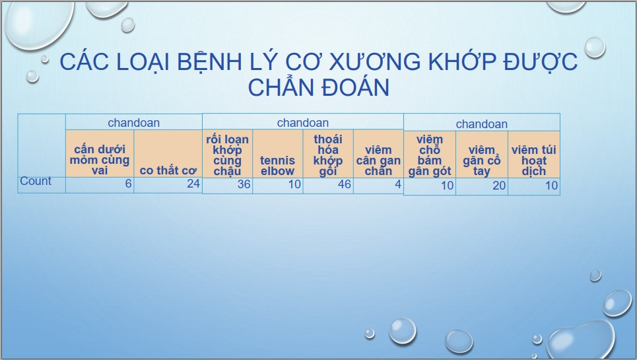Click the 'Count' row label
(36, 181)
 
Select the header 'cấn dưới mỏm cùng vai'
(100, 160)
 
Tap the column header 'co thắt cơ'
(168, 170)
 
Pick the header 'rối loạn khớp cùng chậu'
(227, 155)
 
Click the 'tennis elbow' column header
(277, 165)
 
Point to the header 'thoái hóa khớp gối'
(328, 155)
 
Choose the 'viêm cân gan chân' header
(378, 160)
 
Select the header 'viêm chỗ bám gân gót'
(430, 156)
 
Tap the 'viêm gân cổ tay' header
(481, 161)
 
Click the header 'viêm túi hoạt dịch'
(534, 161)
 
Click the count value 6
(128, 184)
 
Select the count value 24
(193, 184)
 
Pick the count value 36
(244, 184)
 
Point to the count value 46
(345, 184)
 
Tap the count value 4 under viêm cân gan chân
(398, 184)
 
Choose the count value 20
(499, 186)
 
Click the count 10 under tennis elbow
(294, 184)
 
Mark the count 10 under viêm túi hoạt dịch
(551, 186)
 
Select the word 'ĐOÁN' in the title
(354, 87)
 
